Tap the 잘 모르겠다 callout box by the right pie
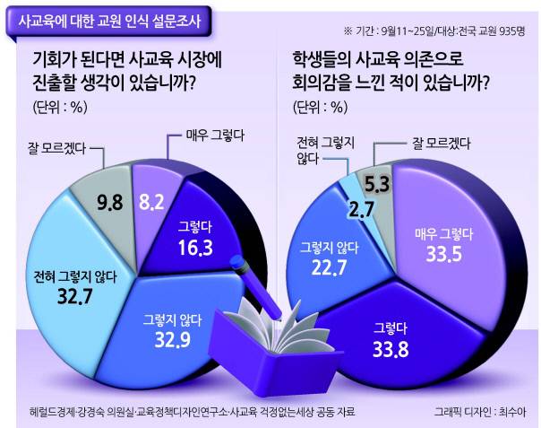pyautogui.click(x=421, y=142)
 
